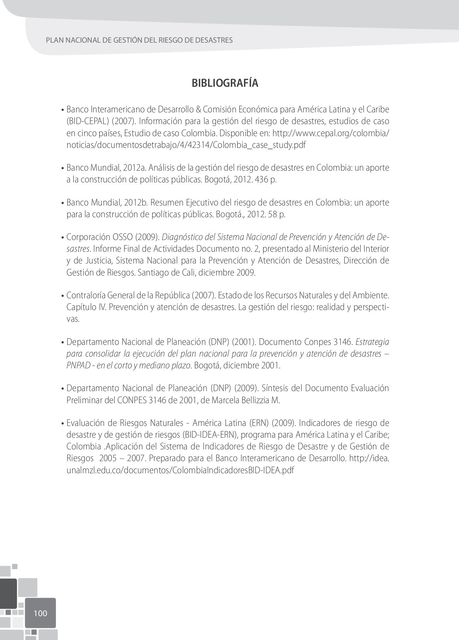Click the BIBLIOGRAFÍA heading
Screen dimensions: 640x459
point(225,83)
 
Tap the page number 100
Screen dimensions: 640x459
point(40,613)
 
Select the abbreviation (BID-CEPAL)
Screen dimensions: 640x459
point(87,121)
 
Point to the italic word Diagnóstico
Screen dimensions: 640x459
point(182,237)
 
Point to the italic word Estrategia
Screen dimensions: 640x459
point(372,342)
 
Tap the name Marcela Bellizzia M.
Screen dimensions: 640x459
point(246,400)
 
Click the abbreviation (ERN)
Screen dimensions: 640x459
point(257,423)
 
